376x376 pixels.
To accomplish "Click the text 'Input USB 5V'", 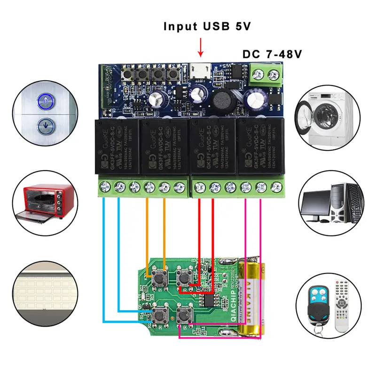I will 207,26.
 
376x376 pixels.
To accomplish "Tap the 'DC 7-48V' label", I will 272,54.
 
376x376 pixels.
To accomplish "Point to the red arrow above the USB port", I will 201,47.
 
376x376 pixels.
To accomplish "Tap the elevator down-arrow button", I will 46,125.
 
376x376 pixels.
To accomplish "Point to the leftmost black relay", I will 116,146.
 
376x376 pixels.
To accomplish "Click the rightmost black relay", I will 258,146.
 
